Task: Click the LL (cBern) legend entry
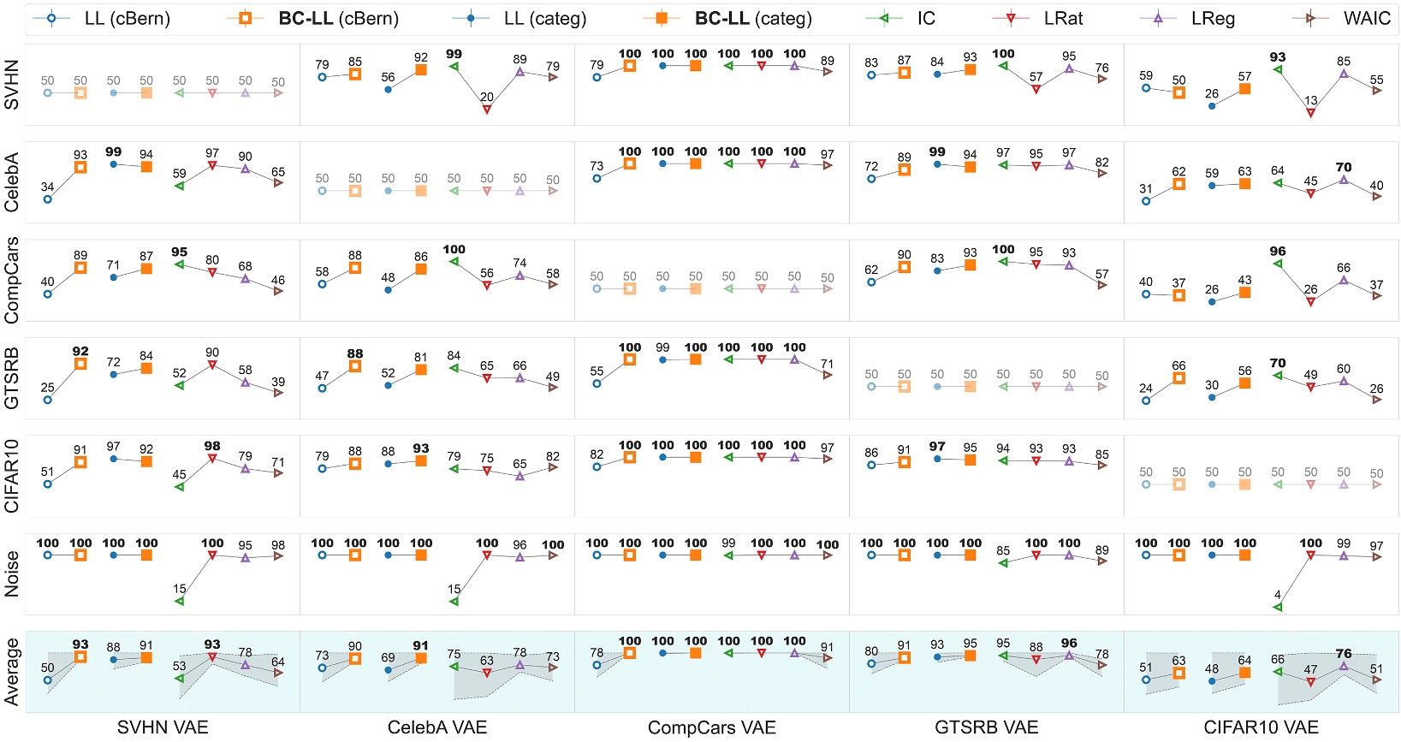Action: click(127, 18)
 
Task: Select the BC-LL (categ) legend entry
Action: click(753, 18)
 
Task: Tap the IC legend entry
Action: click(926, 18)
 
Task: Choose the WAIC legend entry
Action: click(1367, 18)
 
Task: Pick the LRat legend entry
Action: click(1063, 18)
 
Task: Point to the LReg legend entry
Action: click(1213, 18)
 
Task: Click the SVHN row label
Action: click(12, 86)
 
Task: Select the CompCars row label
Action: click(12, 281)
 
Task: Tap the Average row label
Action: click(12, 672)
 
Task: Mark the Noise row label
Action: click(12, 573)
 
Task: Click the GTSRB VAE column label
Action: click(986, 727)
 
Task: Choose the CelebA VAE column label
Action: click(437, 727)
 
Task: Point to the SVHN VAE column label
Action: click(163, 727)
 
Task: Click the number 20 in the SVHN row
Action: click(487, 97)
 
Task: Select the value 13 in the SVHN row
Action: click(1311, 100)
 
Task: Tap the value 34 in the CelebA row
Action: click(47, 187)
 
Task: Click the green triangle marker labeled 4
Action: click(1278, 607)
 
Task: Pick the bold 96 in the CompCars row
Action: click(1278, 251)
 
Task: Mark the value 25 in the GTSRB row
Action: click(47, 387)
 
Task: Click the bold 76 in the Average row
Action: click(1344, 653)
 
